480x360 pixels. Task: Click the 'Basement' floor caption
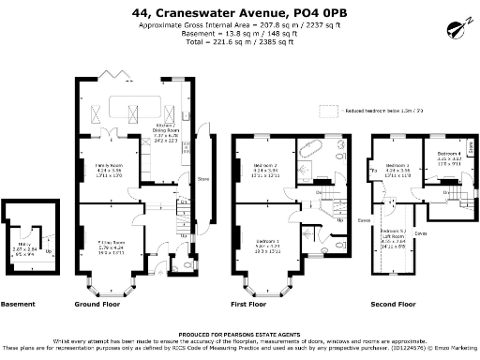[19, 305]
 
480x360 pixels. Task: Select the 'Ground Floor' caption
[97, 305]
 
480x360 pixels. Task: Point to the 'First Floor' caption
[248, 305]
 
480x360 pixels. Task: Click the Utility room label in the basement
[24, 223]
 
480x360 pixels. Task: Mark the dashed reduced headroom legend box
[327, 111]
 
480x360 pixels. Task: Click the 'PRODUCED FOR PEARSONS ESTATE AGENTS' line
[239, 333]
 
